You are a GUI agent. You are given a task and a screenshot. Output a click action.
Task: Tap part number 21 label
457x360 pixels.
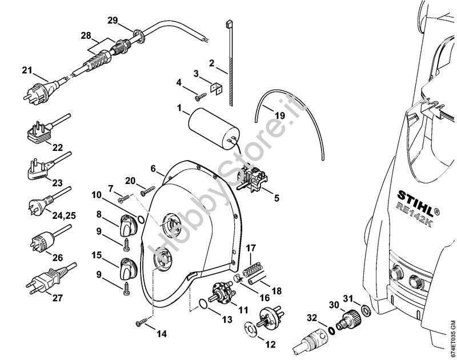pyautogui.click(x=27, y=70)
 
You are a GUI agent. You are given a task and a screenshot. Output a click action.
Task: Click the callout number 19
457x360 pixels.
pyautogui.click(x=279, y=115)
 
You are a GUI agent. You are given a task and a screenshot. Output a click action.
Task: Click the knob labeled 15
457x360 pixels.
pyautogui.click(x=127, y=268)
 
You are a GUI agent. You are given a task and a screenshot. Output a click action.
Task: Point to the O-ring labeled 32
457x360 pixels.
pyautogui.click(x=332, y=330)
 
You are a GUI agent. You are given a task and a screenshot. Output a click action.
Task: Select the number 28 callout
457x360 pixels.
pyautogui.click(x=86, y=35)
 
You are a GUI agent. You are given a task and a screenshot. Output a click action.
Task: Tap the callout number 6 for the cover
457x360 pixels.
pyautogui.click(x=153, y=169)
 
